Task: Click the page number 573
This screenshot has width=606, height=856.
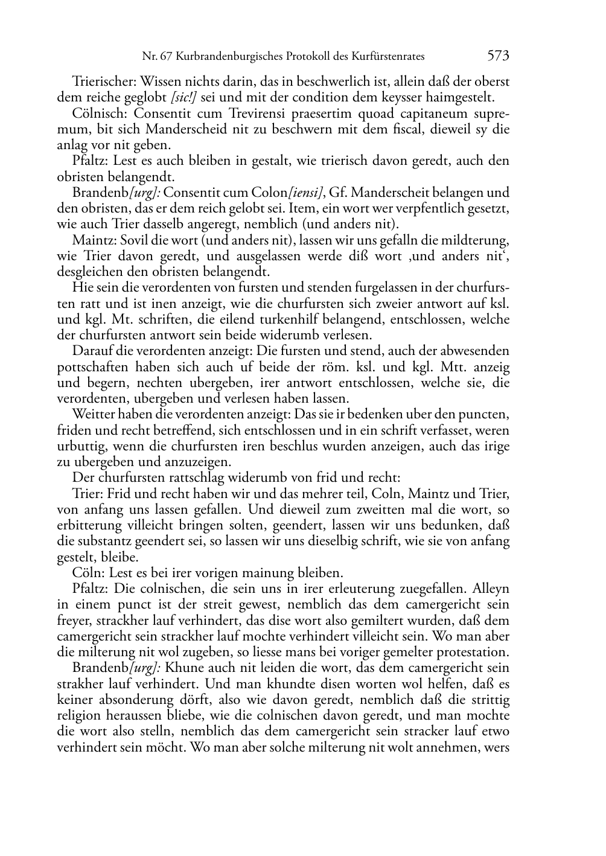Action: click(498, 56)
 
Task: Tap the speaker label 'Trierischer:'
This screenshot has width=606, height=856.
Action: click(100, 81)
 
